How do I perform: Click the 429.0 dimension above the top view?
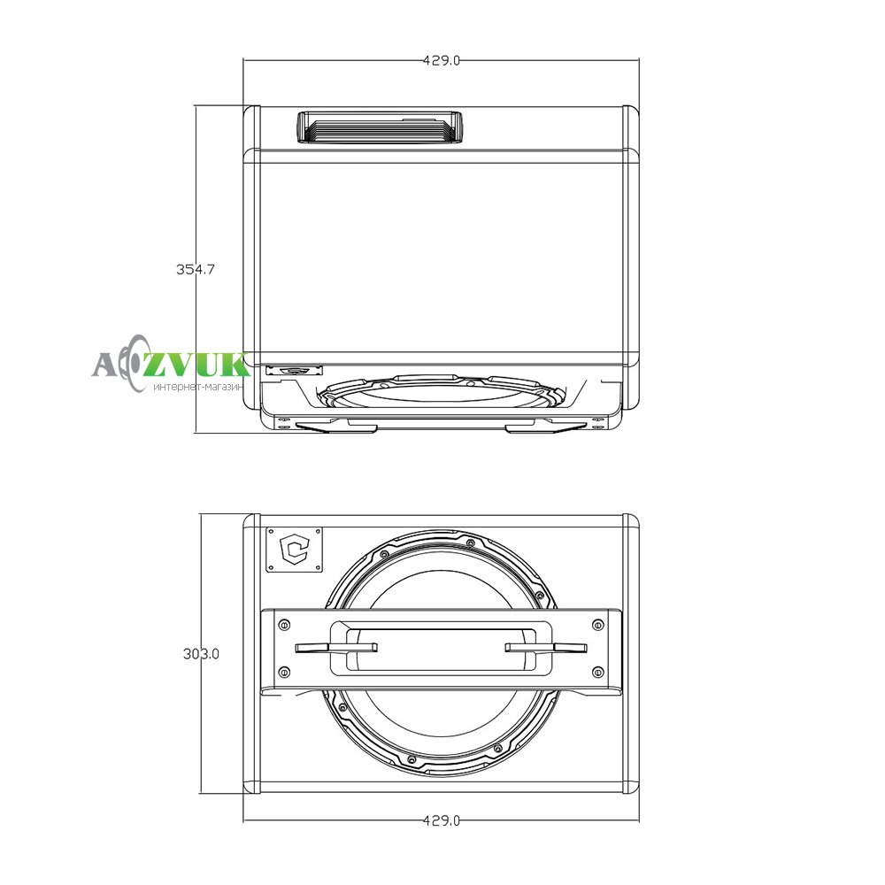(442, 60)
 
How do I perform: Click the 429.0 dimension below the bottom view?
(442, 820)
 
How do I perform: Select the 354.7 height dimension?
(196, 269)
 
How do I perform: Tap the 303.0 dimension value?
(201, 654)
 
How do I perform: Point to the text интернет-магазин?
(197, 388)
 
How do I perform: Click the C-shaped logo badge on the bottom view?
(295, 550)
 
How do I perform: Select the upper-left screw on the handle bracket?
(284, 625)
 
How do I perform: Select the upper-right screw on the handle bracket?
(597, 625)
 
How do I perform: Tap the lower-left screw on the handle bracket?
(284, 672)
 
